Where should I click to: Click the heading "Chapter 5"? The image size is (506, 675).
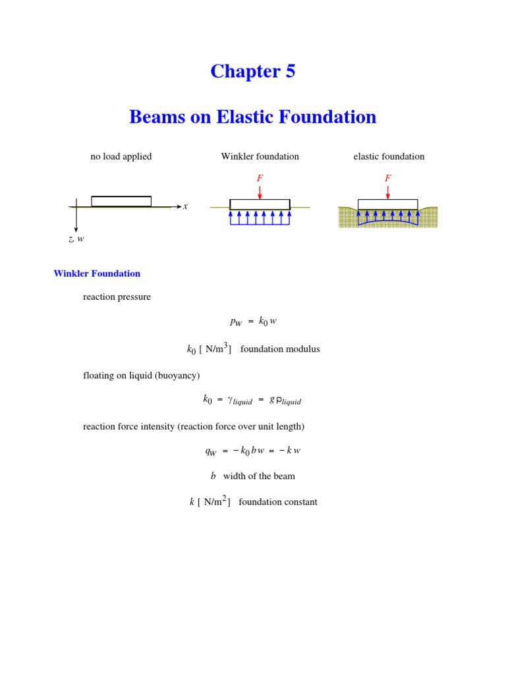[x=253, y=71]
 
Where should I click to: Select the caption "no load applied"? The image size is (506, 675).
[x=121, y=157]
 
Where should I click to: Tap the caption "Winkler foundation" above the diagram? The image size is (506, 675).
[x=260, y=157]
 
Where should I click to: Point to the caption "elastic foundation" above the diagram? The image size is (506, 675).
[x=389, y=157]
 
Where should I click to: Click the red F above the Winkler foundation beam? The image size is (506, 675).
[x=260, y=178]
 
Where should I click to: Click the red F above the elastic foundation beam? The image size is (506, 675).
[x=387, y=178]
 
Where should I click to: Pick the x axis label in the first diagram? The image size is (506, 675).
[x=186, y=206]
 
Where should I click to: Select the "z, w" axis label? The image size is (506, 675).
[x=76, y=239]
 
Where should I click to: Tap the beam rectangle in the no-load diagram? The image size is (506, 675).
[x=121, y=201]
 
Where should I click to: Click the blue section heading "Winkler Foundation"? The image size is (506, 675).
[x=97, y=274]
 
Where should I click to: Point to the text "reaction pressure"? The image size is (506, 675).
[x=117, y=297]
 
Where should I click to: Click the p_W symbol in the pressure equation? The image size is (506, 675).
[x=236, y=322]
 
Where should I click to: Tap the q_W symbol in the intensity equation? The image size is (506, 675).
[x=211, y=452]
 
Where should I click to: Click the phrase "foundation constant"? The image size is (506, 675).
[x=277, y=502]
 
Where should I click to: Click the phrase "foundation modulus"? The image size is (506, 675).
[x=280, y=349]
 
